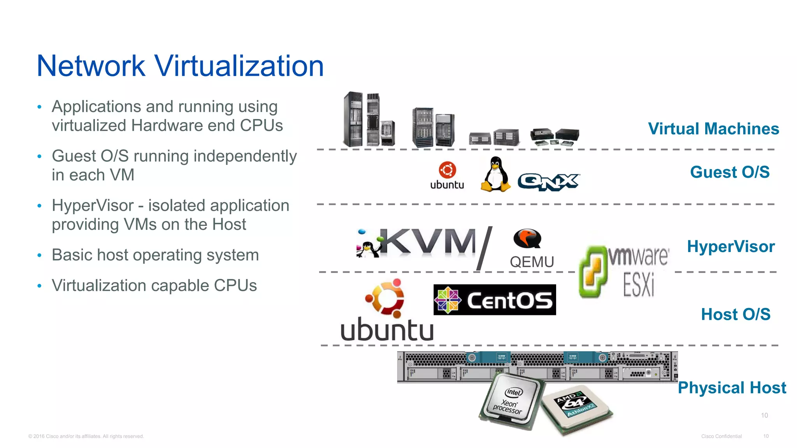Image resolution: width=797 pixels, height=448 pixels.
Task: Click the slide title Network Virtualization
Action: (180, 66)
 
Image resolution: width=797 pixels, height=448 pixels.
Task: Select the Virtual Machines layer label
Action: (713, 129)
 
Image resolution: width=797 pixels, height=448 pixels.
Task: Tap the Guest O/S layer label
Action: (730, 172)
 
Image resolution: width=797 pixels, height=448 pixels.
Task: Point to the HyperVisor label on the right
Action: (731, 247)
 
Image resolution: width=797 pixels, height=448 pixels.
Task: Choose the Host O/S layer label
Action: (736, 314)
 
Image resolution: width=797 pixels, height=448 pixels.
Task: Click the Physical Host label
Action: (732, 388)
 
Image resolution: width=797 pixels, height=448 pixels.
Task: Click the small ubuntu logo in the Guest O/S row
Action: (447, 175)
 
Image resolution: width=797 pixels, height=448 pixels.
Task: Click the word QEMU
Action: (532, 262)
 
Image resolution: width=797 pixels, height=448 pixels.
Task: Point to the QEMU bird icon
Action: (527, 238)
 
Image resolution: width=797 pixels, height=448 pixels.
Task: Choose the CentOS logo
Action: (495, 300)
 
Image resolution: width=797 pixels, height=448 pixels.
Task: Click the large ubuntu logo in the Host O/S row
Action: (387, 311)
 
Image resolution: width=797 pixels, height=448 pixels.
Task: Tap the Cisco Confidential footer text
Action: (721, 436)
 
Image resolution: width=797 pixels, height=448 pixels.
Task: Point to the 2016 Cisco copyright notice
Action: (86, 436)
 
